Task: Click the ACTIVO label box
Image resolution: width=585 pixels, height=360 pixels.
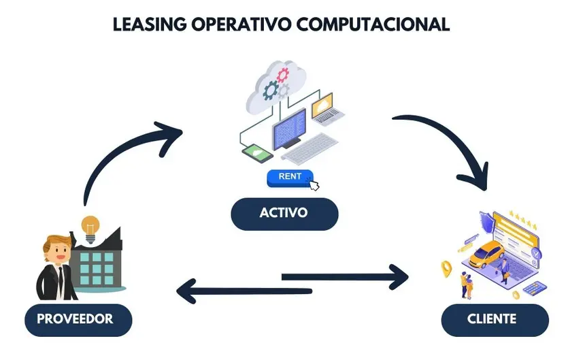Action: [284, 213]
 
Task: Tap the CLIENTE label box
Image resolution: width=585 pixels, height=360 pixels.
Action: [492, 318]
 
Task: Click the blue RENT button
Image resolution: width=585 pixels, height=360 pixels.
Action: [290, 177]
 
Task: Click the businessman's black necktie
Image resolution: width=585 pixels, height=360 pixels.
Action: [60, 279]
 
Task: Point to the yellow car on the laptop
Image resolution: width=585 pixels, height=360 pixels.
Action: [486, 255]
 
